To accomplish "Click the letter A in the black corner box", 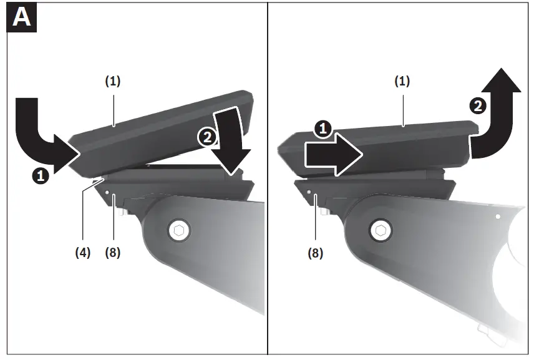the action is coord(22,17).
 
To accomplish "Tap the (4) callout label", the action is coord(82,253).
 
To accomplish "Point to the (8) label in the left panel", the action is coord(113,253).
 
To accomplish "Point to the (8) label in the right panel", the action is coord(316,253).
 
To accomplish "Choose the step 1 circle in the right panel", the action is coord(322,129).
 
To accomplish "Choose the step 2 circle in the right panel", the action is coord(478,106).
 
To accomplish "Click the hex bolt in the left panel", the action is coord(179,230).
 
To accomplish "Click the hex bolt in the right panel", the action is coord(379,230).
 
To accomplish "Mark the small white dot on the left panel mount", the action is coord(107,192).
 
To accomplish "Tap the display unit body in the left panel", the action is coord(156,134).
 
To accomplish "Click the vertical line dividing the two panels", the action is coord(267,187).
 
